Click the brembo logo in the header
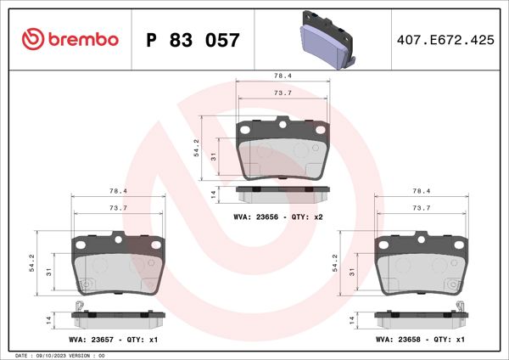[68, 40]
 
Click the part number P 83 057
[193, 40]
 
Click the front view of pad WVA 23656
[282, 149]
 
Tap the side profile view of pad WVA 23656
[282, 194]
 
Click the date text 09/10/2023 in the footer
[54, 355]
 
